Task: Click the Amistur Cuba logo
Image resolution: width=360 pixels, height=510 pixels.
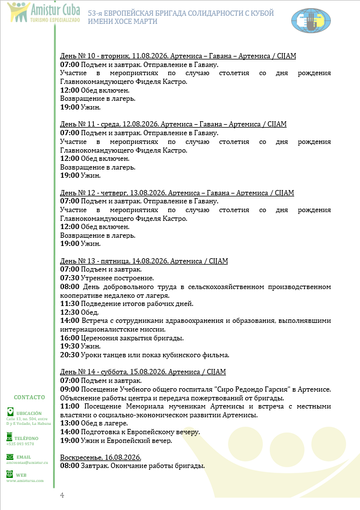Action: [x=29, y=14]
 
